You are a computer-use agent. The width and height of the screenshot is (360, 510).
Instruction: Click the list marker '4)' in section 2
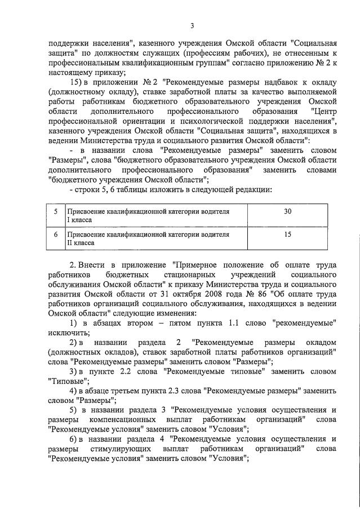coord(73,391)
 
